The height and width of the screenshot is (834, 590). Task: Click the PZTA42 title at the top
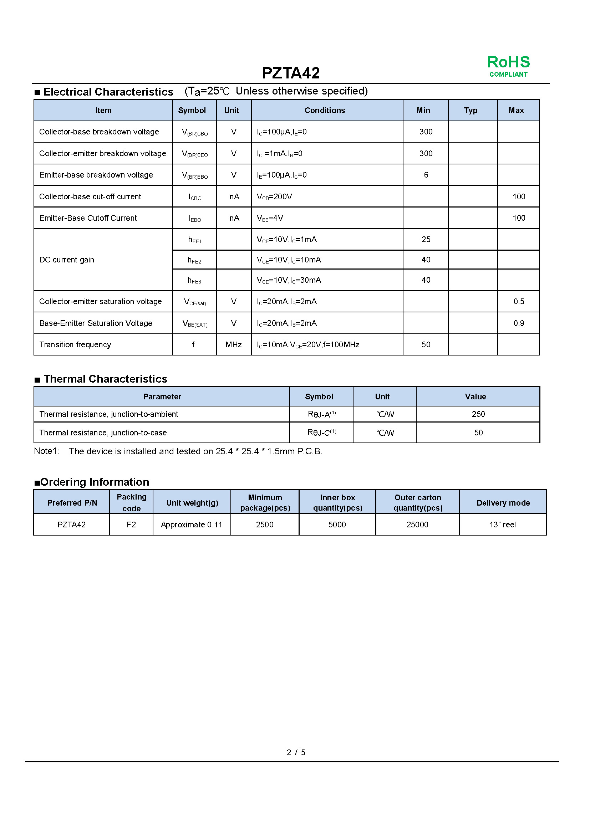click(291, 73)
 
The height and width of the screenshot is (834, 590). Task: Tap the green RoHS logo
click(508, 65)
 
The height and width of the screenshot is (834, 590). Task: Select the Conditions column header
click(324, 111)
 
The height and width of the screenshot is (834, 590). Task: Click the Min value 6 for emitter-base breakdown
click(426, 175)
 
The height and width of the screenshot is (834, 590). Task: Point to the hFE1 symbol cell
click(194, 240)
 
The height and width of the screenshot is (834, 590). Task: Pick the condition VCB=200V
click(274, 197)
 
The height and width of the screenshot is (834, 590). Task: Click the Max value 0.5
click(518, 302)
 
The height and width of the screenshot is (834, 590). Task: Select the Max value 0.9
click(518, 323)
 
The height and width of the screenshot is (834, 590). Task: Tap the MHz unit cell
click(233, 345)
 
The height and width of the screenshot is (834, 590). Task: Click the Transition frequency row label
click(75, 345)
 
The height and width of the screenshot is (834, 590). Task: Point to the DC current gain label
click(67, 260)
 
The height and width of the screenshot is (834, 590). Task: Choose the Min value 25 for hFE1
click(426, 240)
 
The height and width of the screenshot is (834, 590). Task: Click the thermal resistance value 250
click(478, 414)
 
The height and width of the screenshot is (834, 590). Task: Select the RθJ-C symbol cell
click(321, 433)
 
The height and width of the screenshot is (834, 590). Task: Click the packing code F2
click(131, 525)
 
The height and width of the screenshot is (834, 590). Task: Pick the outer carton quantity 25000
click(417, 525)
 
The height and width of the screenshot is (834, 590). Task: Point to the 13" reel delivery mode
click(503, 525)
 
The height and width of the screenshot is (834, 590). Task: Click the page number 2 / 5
click(296, 752)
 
